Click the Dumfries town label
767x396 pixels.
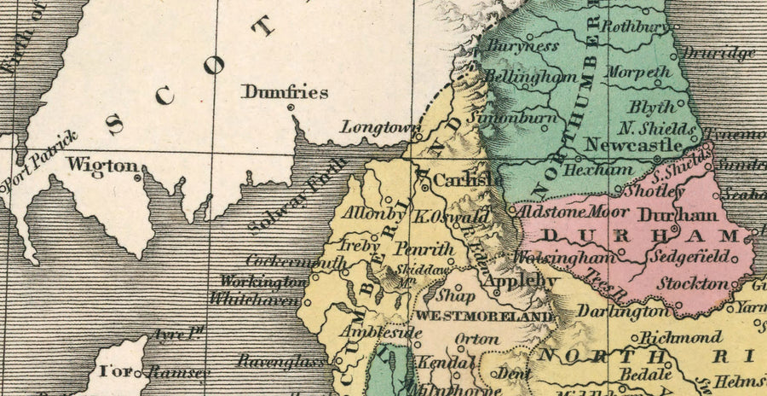coord(285,92)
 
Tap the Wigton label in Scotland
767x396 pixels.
coord(102,165)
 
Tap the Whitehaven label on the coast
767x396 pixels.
coord(256,300)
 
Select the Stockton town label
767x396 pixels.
coord(695,283)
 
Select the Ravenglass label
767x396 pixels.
coord(281,361)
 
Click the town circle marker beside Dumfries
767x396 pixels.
coord(291,108)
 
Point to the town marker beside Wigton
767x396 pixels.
coord(138,178)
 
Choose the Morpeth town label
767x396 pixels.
coord(638,73)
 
